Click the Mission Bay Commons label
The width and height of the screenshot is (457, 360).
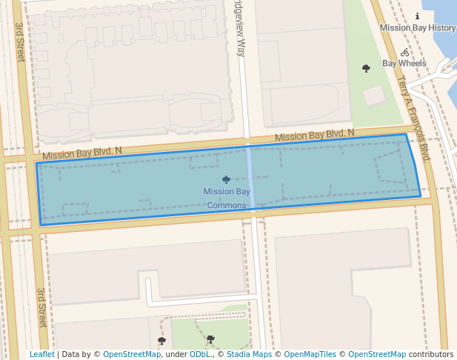point(226,199)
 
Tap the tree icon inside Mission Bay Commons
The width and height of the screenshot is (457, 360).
point(226,179)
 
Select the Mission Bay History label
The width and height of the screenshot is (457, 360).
point(418,28)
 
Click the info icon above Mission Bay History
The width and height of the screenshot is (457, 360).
point(417,16)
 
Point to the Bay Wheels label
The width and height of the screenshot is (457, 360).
point(404,64)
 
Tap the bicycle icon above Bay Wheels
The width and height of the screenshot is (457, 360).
point(404,52)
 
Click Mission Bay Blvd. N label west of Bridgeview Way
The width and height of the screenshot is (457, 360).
point(81,153)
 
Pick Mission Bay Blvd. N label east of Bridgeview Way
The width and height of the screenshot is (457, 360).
point(314,136)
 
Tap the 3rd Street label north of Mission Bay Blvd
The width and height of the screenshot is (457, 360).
point(20,41)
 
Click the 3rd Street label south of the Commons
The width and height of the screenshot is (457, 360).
point(42,307)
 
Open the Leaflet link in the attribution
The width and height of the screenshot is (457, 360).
point(41,354)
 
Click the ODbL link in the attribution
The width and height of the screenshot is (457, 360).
point(199,354)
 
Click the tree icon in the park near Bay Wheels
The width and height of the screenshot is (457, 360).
point(366,68)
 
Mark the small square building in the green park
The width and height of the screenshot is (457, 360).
point(374,95)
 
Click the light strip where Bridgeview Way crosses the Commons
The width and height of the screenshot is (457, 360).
point(250,178)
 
